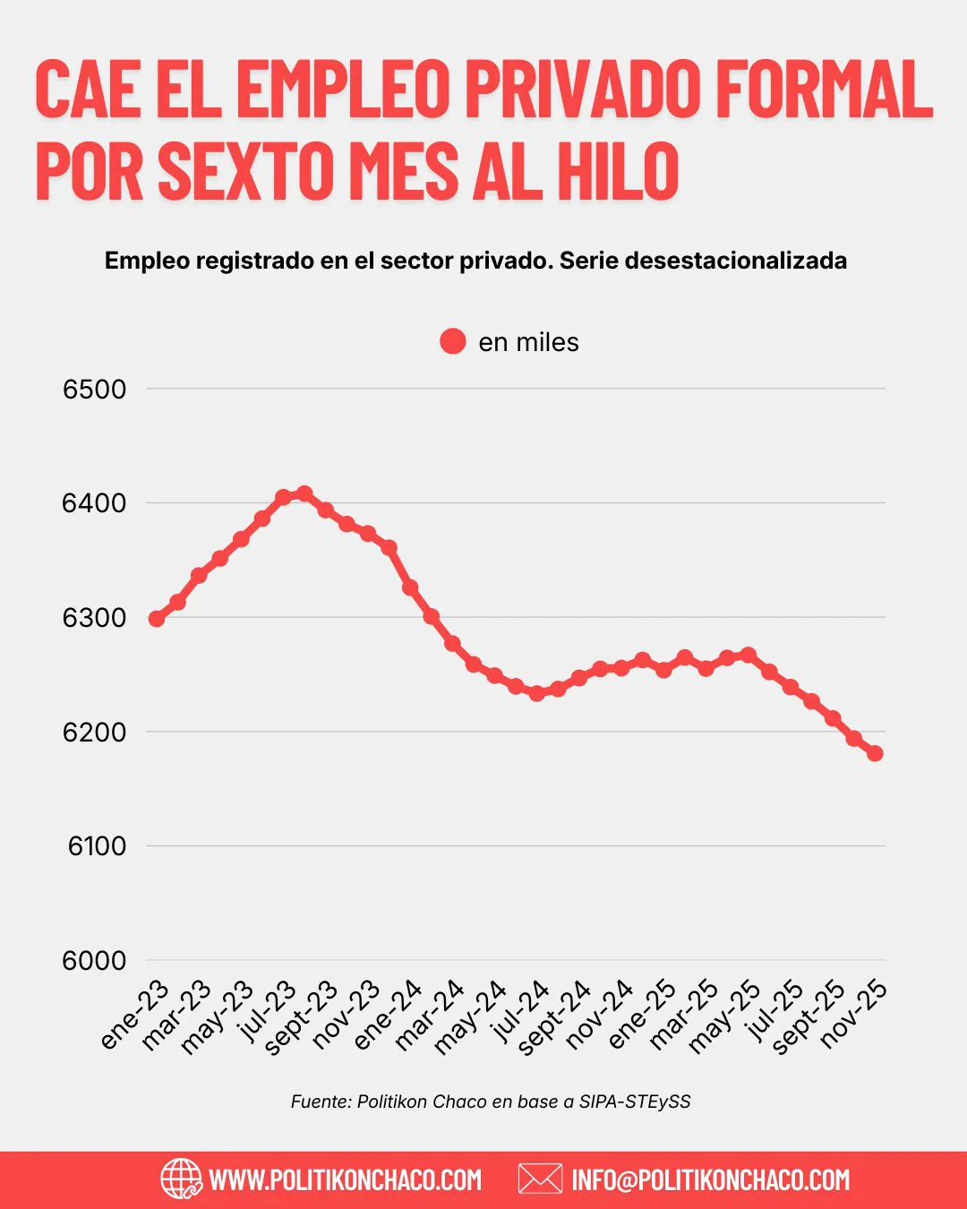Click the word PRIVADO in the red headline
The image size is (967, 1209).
point(582,90)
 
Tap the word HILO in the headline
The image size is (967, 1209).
point(618,170)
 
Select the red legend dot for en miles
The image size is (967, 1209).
point(453,341)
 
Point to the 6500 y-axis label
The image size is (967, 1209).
point(94,389)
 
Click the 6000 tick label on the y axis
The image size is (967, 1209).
point(94,960)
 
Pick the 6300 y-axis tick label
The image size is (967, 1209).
point(94,617)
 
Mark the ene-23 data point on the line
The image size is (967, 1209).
point(157,619)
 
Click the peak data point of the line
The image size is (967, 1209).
point(304,493)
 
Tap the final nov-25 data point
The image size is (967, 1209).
point(875,753)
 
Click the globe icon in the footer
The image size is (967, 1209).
point(181,1179)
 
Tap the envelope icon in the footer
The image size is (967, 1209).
point(540,1179)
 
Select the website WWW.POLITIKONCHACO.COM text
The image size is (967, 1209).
point(346,1179)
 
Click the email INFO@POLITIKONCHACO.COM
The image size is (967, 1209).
point(711,1179)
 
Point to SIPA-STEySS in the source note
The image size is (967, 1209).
point(635,1102)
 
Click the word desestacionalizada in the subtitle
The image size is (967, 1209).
point(736,261)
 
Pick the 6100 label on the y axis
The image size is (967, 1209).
point(97,845)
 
